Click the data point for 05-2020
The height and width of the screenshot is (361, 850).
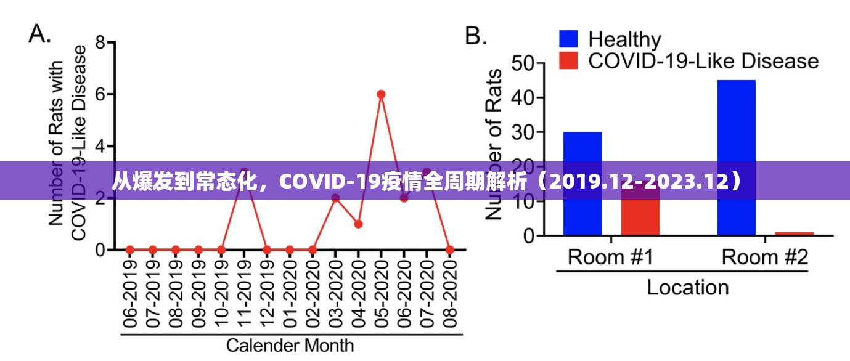[x=381, y=94]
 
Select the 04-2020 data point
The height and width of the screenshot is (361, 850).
[x=358, y=224]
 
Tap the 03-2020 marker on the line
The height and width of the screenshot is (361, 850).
[x=335, y=198]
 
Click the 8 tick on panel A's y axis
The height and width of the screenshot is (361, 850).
[x=100, y=43]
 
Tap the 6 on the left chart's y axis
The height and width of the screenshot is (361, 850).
[x=100, y=95]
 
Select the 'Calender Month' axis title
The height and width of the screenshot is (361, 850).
[x=290, y=345]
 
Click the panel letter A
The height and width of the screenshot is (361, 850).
[x=39, y=34]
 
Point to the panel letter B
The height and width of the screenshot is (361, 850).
[x=476, y=36]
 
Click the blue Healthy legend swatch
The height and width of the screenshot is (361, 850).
[x=568, y=39]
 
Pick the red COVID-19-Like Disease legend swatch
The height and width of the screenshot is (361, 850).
[x=568, y=61]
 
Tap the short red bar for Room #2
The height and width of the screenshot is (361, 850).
[x=794, y=233]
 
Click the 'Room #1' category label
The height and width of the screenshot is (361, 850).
[x=610, y=257]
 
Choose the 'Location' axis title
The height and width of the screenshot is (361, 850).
[x=687, y=287]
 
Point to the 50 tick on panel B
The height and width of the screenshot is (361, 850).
[x=525, y=63]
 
